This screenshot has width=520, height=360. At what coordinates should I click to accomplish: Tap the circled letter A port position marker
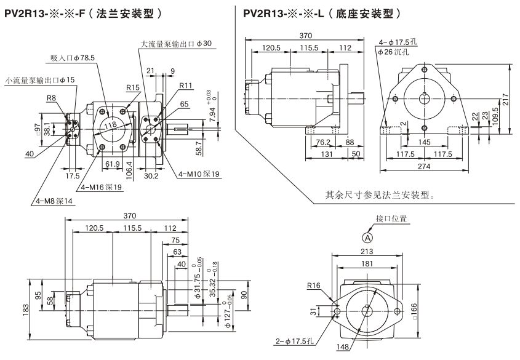367,237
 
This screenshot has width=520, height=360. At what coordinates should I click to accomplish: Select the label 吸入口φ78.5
73,58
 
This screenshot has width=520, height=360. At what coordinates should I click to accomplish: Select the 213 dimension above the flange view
367,251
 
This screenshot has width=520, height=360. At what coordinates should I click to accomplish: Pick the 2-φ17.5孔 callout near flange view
297,340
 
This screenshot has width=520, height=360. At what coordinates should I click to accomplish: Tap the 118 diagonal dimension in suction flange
111,126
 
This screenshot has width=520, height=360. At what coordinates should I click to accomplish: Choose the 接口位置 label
391,218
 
